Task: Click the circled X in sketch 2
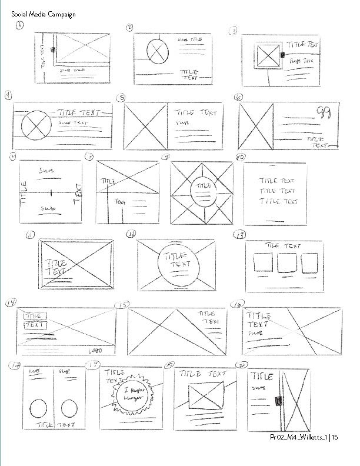coord(157,51)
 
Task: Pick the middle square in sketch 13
coord(285,262)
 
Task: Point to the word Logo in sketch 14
coord(95,351)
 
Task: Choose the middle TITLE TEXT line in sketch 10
coord(278,191)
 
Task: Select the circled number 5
coord(121,97)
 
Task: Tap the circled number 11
coord(31,235)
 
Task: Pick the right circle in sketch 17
coord(69,407)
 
